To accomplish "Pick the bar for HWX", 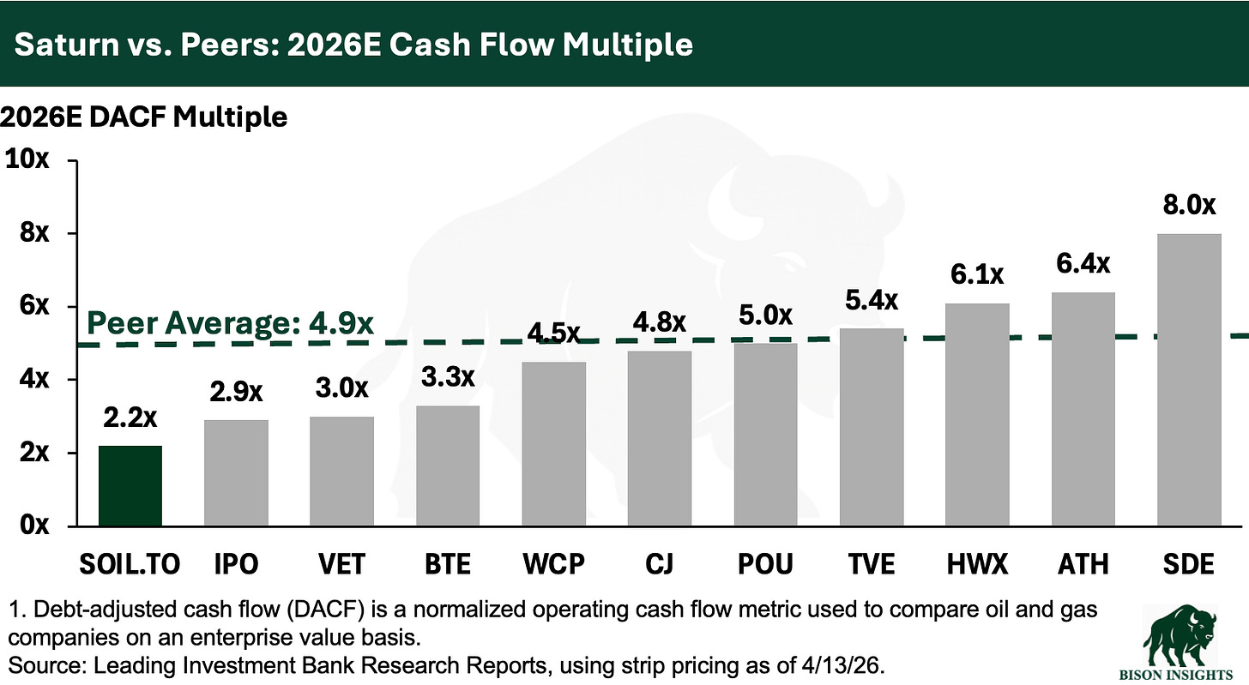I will (x=977, y=415).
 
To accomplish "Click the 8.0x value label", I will (x=1189, y=206).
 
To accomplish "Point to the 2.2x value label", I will (x=130, y=419).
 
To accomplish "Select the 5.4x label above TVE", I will (x=872, y=301).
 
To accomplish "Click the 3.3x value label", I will (x=448, y=378).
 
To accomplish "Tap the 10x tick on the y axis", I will (x=28, y=160).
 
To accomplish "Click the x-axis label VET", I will (x=341, y=563).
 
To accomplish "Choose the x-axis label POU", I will (x=765, y=563).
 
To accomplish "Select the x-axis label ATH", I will (x=1083, y=563).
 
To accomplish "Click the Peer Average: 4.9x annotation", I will (x=231, y=325).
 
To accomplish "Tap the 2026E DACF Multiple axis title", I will (x=144, y=117).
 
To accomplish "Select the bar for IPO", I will (x=236, y=473).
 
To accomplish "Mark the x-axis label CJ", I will (x=660, y=563).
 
